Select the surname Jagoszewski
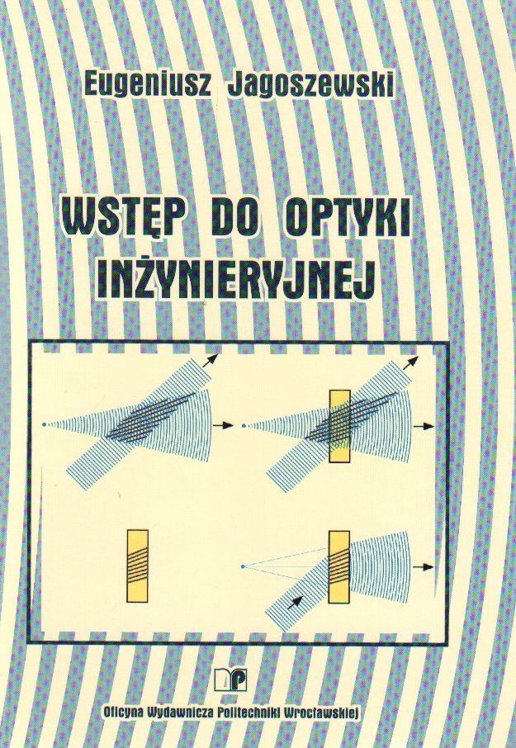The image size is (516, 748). coord(310,85)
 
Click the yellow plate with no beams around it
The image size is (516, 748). coord(138,566)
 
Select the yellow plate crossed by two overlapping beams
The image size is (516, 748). coord(340,426)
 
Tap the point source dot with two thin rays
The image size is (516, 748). coord(243,566)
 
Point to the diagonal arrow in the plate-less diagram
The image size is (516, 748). coord(210,361)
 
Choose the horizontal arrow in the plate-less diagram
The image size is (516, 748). coord(224,424)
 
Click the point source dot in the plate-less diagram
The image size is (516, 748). coord(44,424)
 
